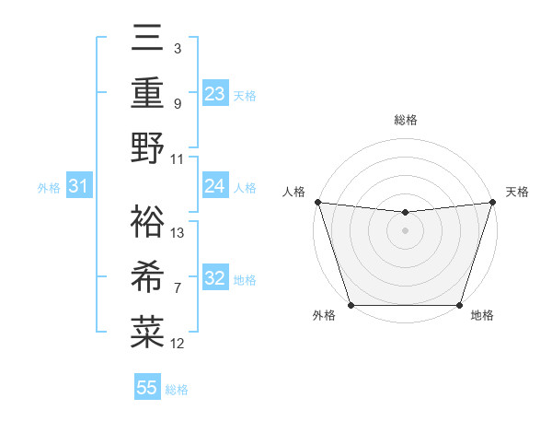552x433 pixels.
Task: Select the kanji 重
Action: coord(148,92)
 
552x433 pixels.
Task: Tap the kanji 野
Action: coord(148,147)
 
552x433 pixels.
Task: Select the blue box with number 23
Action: coord(215,94)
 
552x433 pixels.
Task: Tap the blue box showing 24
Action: coord(215,186)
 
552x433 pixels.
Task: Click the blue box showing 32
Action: coord(215,278)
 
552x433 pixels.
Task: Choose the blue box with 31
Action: coord(78,186)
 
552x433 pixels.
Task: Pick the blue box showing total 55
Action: coord(147,388)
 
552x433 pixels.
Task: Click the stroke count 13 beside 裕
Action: coord(178,232)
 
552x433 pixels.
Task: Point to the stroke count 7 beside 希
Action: coord(178,288)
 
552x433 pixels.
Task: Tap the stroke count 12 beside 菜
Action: coord(178,344)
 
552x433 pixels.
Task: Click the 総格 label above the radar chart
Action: coord(405,120)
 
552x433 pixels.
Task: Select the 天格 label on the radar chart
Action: coord(517,192)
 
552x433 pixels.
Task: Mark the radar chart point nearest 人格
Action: coord(317,202)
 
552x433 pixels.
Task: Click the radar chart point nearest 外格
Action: coord(351,305)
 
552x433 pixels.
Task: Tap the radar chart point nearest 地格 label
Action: coord(459,305)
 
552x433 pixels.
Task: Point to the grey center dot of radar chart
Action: coord(405,230)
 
